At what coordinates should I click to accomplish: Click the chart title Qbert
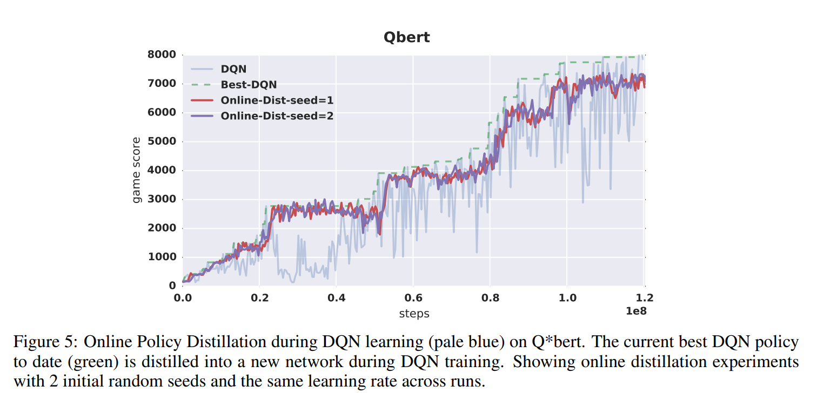406,37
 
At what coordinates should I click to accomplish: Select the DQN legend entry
233,69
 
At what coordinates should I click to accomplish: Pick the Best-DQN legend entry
249,85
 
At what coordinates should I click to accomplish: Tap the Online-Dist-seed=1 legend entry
277,100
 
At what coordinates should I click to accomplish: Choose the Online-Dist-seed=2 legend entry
277,116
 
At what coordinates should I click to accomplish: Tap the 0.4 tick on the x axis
336,297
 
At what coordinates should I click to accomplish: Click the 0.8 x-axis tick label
490,297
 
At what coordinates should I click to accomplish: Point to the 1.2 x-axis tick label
644,297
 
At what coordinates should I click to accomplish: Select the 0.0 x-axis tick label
183,297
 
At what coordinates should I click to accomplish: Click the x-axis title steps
414,313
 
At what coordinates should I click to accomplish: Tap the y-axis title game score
137,170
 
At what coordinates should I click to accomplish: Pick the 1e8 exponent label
635,311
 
